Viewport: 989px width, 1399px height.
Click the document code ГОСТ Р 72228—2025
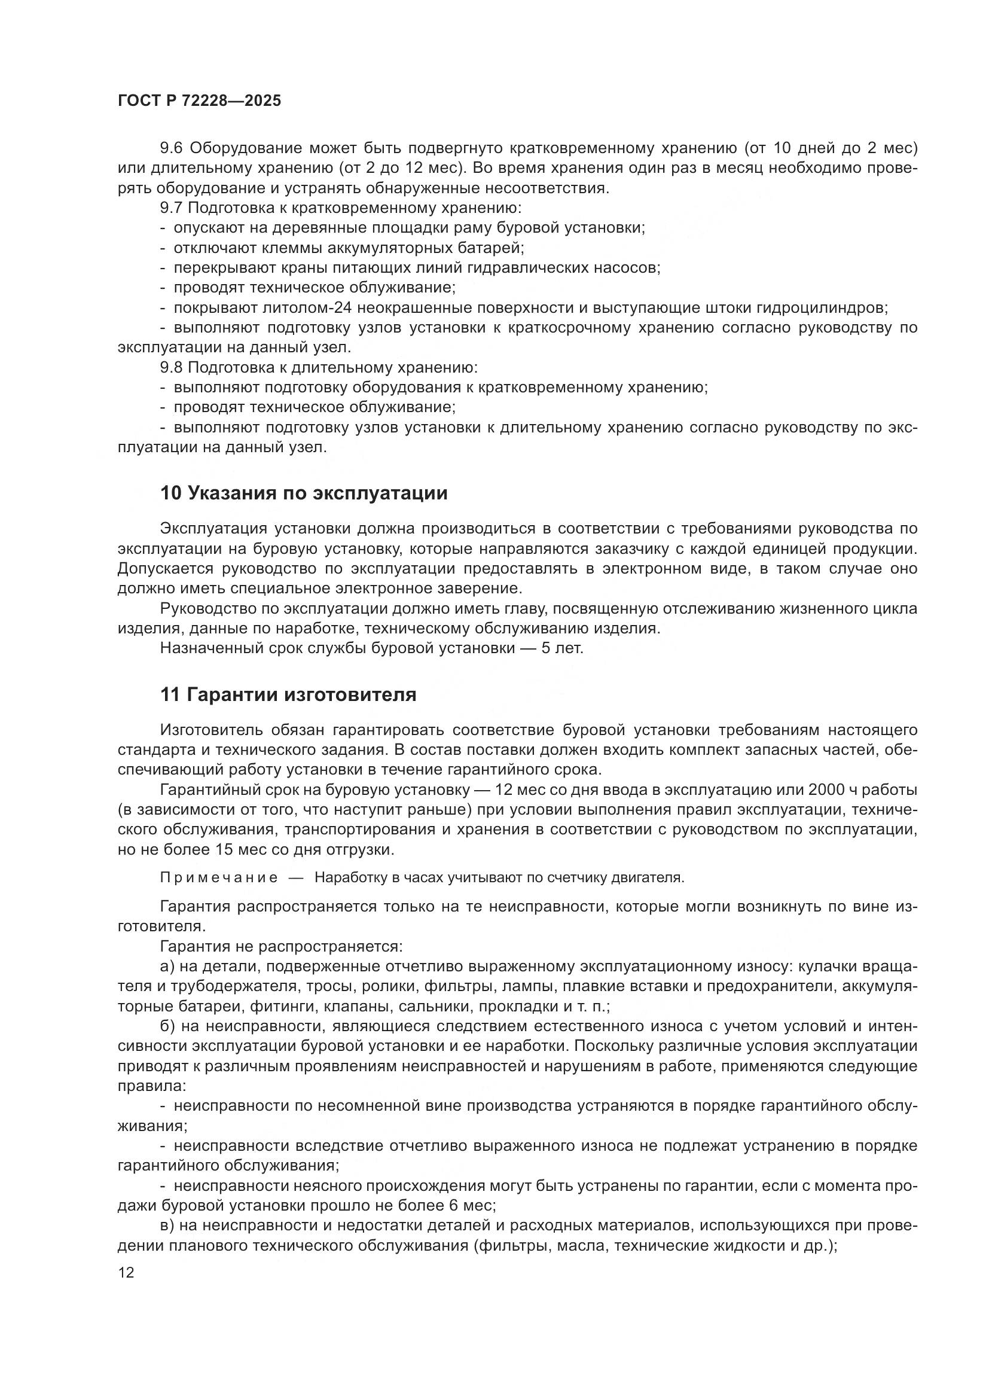(x=199, y=101)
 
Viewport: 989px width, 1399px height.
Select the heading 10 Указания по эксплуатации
(x=303, y=493)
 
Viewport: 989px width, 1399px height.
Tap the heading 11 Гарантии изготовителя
(x=288, y=694)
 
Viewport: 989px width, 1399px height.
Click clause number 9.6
(x=171, y=148)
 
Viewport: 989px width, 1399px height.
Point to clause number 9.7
(x=171, y=208)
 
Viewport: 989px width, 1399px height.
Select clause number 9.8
(x=171, y=368)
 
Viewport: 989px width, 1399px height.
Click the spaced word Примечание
(x=219, y=877)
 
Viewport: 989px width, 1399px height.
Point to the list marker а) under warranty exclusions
(x=167, y=967)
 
